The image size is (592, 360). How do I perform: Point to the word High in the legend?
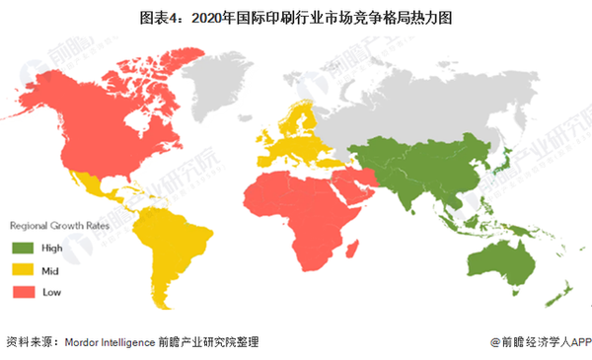click(53, 248)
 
